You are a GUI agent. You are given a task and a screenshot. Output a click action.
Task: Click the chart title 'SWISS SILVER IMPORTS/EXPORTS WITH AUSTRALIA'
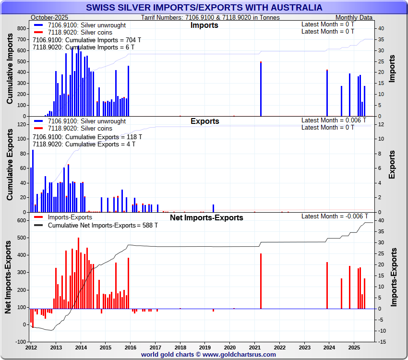pyautogui.click(x=204, y=8)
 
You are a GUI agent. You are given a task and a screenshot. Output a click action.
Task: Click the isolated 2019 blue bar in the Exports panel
pyautogui.click(x=213, y=208)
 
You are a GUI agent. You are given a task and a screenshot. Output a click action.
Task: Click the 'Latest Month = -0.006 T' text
pyautogui.click(x=335, y=216)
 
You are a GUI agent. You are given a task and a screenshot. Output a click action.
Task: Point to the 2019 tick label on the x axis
pyautogui.click(x=205, y=347)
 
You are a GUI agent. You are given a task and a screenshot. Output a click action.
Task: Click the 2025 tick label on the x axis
pyautogui.click(x=354, y=347)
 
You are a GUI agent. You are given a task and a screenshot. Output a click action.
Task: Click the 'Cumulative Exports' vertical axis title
pyautogui.click(x=10, y=168)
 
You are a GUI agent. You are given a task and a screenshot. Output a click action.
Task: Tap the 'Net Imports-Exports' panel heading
pyautogui.click(x=206, y=218)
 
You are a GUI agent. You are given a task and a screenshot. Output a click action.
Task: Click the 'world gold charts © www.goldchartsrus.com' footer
pyautogui.click(x=208, y=355)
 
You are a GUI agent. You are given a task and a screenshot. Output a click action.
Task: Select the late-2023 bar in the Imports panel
pyautogui.click(x=327, y=93)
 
